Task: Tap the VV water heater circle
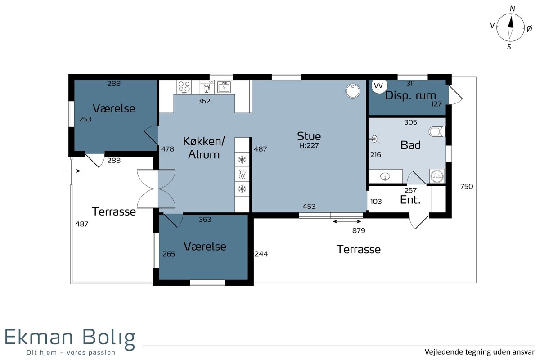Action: tap(379, 85)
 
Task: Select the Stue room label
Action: tap(309, 136)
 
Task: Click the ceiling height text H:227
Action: tap(309, 146)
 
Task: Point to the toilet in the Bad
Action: tap(437, 132)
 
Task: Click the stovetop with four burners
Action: tap(184, 87)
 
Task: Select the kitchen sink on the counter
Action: tap(224, 87)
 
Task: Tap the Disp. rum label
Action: tap(410, 96)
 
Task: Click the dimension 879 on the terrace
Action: tap(359, 231)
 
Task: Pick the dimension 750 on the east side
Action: tap(467, 186)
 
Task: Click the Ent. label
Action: tap(410, 200)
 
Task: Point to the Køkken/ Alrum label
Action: tap(204, 148)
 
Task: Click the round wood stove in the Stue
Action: tap(352, 91)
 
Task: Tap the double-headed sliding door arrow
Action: tap(347, 221)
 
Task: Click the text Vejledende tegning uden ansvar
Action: tap(480, 352)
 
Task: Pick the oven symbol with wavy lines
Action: tap(242, 174)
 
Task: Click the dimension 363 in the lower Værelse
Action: tap(205, 220)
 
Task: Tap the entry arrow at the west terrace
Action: tap(72, 171)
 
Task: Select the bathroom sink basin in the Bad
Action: tap(385, 176)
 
